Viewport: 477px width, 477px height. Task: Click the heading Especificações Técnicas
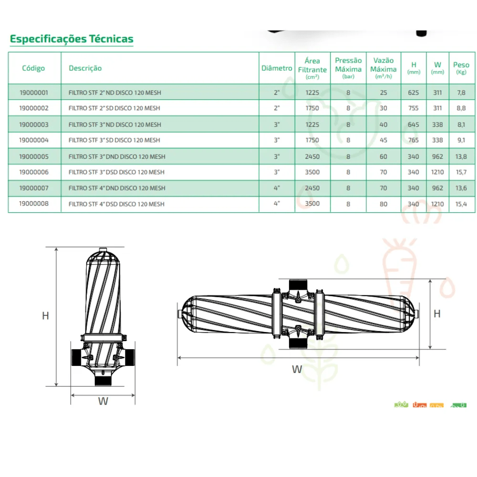(72, 39)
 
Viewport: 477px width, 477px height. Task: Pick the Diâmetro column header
(277, 68)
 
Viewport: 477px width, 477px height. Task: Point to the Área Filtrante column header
(312, 68)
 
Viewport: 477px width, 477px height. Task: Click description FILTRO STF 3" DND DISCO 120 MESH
(117, 156)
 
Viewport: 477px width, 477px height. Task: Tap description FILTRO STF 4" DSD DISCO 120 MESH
(116, 204)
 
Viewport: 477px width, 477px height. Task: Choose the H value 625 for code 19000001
(414, 93)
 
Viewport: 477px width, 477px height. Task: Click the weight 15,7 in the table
(461, 172)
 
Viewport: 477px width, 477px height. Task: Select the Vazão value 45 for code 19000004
(384, 140)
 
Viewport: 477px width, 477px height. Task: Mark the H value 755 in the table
(414, 108)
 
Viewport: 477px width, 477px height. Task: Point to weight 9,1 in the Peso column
(461, 140)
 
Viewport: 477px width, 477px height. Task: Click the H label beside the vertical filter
(45, 316)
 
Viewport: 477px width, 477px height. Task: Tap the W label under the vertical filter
(103, 401)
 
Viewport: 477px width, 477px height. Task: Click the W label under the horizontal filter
(297, 369)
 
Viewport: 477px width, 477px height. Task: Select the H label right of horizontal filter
(437, 313)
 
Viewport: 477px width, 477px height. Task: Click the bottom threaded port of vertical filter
(103, 381)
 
